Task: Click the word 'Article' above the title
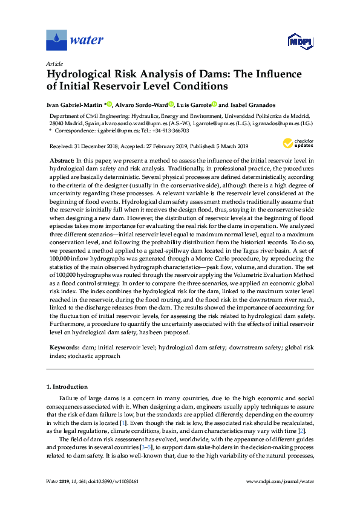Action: (x=54, y=63)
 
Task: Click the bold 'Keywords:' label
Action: (x=64, y=349)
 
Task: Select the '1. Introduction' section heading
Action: (x=67, y=386)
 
